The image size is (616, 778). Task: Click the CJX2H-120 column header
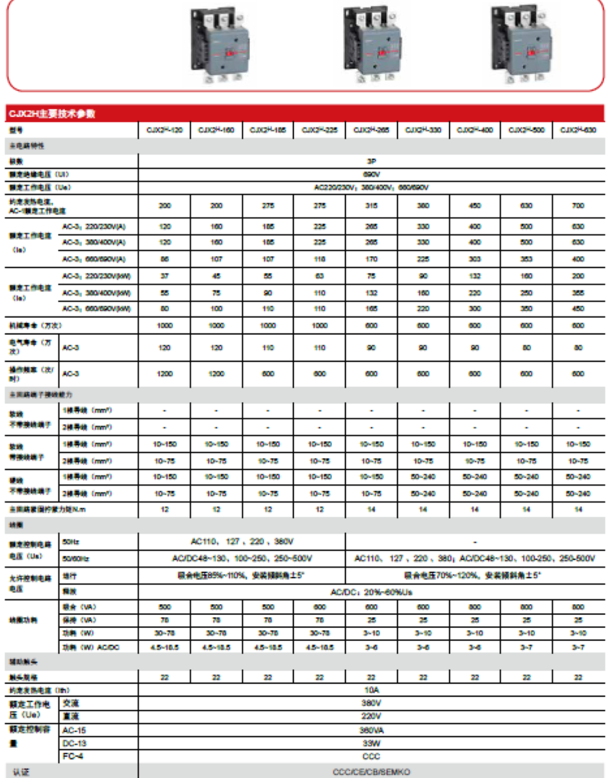click(x=164, y=129)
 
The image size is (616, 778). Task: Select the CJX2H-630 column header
click(x=578, y=129)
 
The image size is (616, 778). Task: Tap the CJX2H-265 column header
click(x=372, y=129)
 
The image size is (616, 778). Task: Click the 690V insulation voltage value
click(x=372, y=173)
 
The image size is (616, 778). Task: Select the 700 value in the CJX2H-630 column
click(x=578, y=205)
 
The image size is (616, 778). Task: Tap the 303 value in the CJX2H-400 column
click(x=475, y=260)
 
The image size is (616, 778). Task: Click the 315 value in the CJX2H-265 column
click(x=372, y=205)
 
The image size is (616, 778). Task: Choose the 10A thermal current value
click(x=372, y=690)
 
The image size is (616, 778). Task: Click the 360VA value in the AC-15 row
click(x=372, y=730)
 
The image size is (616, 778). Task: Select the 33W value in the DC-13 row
click(x=372, y=743)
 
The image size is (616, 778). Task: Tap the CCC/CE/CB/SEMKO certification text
click(x=372, y=772)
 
